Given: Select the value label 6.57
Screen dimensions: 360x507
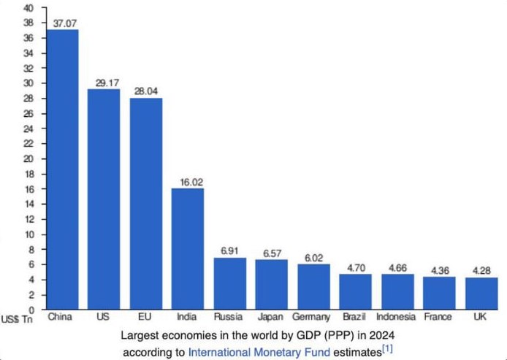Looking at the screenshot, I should pyautogui.click(x=271, y=253).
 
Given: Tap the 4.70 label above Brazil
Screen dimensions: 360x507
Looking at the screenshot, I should pyautogui.click(x=356, y=268).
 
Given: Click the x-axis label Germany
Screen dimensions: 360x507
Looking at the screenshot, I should pyautogui.click(x=313, y=318).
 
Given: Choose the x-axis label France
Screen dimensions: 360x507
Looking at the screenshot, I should pyautogui.click(x=438, y=318).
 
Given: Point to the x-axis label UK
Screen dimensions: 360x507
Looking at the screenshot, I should pyautogui.click(x=481, y=318).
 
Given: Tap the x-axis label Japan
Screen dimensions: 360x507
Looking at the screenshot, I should pyautogui.click(x=271, y=318).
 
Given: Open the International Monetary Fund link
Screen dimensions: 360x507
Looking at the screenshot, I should pyautogui.click(x=259, y=351).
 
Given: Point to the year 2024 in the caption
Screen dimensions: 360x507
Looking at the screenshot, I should pyautogui.click(x=381, y=334).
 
